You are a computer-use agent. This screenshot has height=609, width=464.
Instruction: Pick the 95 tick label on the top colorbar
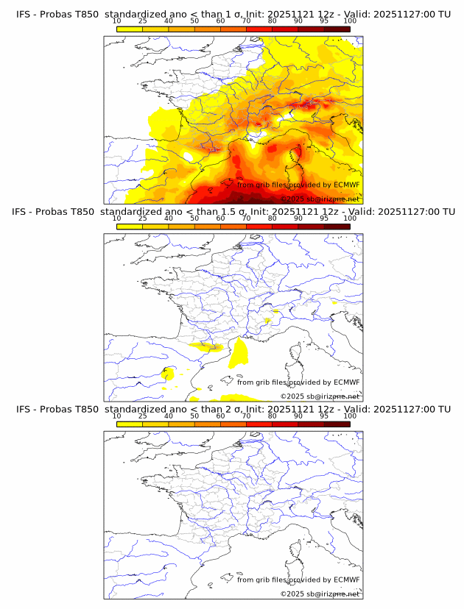(324, 21)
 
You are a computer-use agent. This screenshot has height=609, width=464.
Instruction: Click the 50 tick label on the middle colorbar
(194, 218)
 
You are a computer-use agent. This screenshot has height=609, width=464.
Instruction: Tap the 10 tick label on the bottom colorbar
(116, 416)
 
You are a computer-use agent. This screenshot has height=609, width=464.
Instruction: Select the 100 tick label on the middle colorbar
(350, 218)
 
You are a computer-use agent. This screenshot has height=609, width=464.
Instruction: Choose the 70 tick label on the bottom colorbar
(246, 416)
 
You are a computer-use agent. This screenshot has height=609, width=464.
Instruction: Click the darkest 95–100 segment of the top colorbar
(337, 29)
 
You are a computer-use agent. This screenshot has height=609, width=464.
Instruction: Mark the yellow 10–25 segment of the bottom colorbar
(130, 424)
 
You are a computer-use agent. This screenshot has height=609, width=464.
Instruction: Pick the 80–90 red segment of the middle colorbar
(285, 226)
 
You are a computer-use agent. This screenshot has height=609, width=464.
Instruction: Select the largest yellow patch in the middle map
(239, 355)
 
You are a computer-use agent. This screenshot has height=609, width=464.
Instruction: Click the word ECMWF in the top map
(346, 185)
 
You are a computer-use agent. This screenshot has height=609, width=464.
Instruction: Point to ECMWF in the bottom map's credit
(346, 580)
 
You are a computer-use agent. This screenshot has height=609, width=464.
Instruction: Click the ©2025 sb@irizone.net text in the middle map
(320, 396)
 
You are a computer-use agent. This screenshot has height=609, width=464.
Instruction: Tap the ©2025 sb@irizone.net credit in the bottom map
(320, 594)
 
